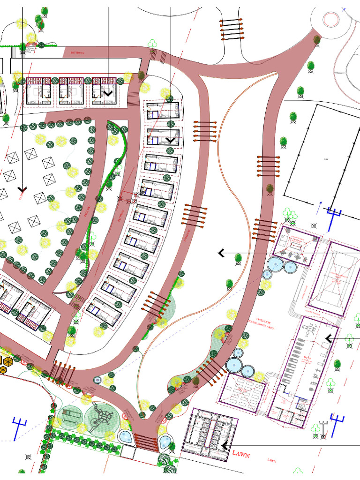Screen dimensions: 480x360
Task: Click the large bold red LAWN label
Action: click(241, 455)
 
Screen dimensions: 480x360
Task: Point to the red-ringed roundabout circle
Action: click(331, 20)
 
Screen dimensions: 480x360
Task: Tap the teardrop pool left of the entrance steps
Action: click(125, 437)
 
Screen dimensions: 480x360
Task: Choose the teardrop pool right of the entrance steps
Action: click(166, 441)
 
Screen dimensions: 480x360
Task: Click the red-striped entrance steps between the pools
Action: click(146, 440)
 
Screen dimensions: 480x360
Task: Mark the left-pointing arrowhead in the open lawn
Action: click(220, 253)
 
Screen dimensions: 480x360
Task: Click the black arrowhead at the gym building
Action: click(328, 338)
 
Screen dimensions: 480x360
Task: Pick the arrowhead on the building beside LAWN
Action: click(225, 445)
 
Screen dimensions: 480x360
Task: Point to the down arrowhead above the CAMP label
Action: click(22, 189)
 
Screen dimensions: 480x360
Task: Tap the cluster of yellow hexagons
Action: click(7, 363)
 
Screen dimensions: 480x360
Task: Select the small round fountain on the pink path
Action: click(97, 379)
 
